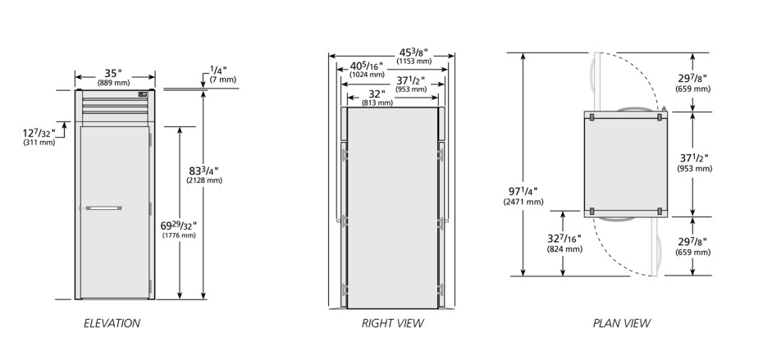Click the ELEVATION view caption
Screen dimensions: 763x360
pos(112,323)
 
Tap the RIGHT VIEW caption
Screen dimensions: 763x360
pos(393,323)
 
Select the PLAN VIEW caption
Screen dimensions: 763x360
pos(622,323)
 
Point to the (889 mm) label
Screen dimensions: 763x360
pos(113,83)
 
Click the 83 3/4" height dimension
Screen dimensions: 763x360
pos(204,171)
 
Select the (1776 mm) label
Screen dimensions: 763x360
pos(179,235)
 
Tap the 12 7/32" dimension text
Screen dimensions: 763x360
pos(39,133)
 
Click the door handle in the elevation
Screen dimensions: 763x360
pos(103,208)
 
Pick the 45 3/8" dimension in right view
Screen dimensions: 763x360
pos(414,52)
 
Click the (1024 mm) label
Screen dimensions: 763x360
pos(367,75)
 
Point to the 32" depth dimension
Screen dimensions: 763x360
pos(377,94)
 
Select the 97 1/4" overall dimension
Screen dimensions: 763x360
pos(523,192)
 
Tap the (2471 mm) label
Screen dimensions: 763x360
pos(523,202)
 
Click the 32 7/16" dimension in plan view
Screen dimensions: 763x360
pos(564,239)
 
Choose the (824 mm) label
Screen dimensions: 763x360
pos(564,249)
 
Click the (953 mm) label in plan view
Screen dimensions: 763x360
pos(694,169)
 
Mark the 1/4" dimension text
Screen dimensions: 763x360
pos(218,71)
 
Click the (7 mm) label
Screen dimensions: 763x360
pos(223,80)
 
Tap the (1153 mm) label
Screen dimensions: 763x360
pos(414,62)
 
